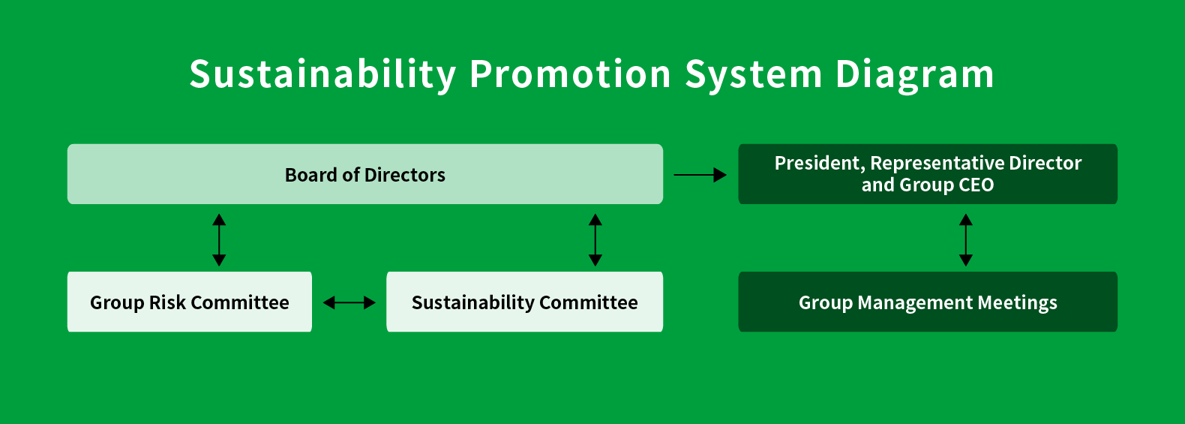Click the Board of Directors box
[365, 174]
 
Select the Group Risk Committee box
[190, 302]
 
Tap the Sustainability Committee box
[525, 302]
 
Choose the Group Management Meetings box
[928, 302]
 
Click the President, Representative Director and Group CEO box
[928, 174]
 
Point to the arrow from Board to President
[700, 175]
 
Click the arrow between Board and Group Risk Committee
[219, 240]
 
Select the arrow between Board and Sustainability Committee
[595, 240]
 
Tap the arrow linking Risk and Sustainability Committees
[349, 302]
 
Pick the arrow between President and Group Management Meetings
[966, 240]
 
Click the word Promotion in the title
[570, 74]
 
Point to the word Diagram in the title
[915, 75]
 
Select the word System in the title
[753, 75]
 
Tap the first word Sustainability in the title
[322, 75]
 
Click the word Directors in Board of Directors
[405, 175]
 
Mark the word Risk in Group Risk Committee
[167, 302]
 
